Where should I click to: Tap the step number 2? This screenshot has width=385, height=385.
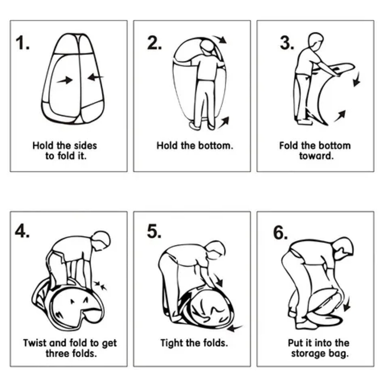pos(154,43)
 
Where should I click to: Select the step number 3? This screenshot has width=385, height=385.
pos(286,43)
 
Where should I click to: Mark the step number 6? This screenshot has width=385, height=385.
pos(280,232)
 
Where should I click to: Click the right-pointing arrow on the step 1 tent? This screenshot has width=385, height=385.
pos(65,80)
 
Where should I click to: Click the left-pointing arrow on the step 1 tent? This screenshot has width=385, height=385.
pos(95,77)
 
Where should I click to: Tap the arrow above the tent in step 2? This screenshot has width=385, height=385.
pos(220,39)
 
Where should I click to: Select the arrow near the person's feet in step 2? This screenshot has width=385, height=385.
pos(224,122)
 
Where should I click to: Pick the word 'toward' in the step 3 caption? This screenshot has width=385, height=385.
pos(315,156)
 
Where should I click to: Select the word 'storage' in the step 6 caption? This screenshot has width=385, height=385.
pos(308,354)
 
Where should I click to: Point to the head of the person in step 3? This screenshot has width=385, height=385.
pos(316,39)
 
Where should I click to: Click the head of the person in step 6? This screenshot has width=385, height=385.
pos(344,248)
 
